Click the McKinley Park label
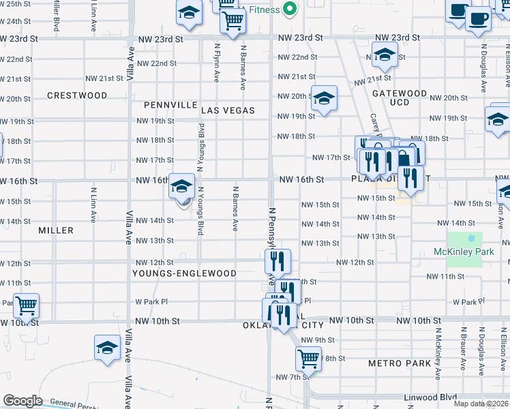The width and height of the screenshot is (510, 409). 463,252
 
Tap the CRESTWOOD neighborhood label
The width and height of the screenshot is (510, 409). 77,96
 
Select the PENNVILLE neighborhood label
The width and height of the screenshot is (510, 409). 170,106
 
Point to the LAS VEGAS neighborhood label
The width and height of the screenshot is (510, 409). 228,110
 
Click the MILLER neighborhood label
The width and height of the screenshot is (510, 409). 56,231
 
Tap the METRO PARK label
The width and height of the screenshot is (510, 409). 400,363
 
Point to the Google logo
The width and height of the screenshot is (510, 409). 23,401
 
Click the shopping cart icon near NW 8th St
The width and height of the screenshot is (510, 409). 308,359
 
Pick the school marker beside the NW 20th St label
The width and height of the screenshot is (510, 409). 325,97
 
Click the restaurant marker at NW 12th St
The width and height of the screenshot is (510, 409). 277,260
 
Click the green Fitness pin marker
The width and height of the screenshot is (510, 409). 290,10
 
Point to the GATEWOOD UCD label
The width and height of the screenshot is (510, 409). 408,97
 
